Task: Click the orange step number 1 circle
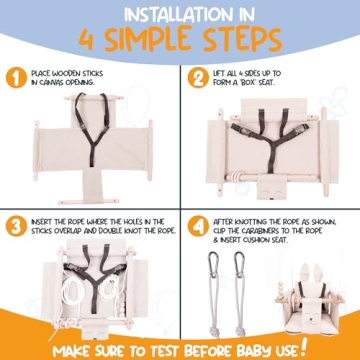pyautogui.click(x=16, y=78)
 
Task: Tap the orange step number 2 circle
pyautogui.click(x=198, y=78)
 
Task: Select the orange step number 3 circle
pyautogui.click(x=16, y=226)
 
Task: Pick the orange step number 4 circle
pyautogui.click(x=198, y=226)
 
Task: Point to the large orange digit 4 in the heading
pyautogui.click(x=87, y=39)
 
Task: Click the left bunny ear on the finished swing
pyautogui.click(x=305, y=273)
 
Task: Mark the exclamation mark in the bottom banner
pyautogui.click(x=303, y=347)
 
